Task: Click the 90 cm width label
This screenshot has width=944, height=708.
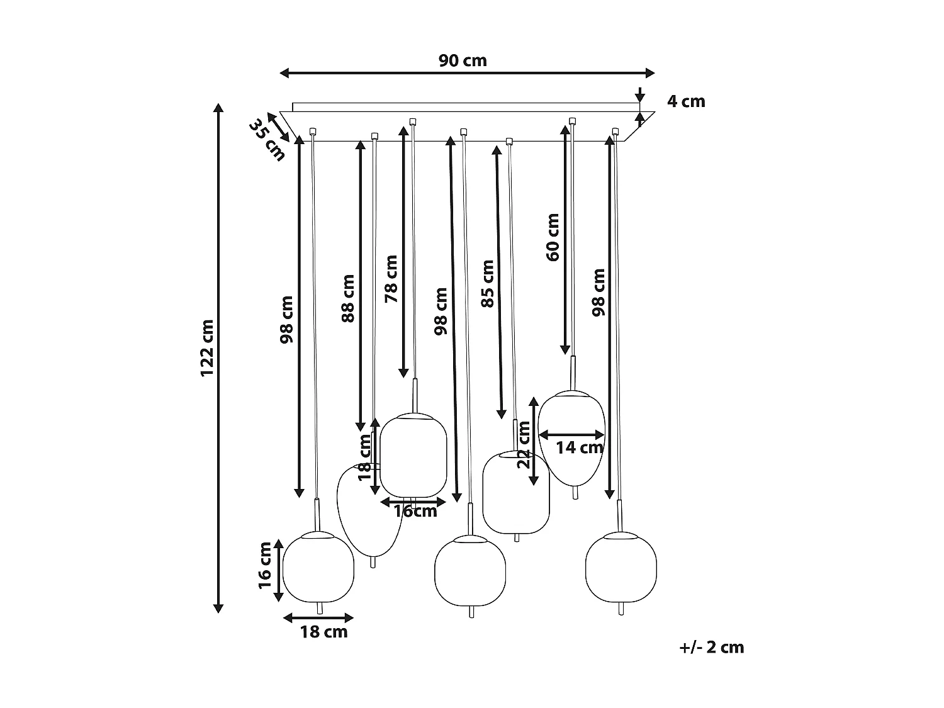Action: pos(463,60)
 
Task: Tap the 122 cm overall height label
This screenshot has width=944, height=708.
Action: pos(208,348)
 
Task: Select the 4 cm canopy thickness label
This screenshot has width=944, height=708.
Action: pos(686,101)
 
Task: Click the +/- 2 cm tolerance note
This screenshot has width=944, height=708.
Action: pos(712,647)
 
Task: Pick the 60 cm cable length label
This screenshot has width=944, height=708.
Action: pos(553,237)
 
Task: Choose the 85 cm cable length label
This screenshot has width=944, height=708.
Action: pos(487,283)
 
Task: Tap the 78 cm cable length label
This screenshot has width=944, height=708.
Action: pos(391,279)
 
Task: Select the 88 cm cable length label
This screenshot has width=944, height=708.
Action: pos(348,298)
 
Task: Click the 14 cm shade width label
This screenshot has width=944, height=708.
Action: pos(580,447)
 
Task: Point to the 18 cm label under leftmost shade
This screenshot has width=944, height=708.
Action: pos(323,631)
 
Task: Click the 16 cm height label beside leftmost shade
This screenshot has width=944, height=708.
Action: pos(266,565)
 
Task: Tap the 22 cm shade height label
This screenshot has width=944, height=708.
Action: pos(523,444)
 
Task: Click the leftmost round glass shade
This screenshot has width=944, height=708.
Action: pos(318,566)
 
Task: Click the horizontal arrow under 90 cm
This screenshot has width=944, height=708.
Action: pos(467,74)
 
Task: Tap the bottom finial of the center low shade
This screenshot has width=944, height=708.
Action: pos(471,612)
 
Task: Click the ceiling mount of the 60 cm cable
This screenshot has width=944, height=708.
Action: pos(572,120)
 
